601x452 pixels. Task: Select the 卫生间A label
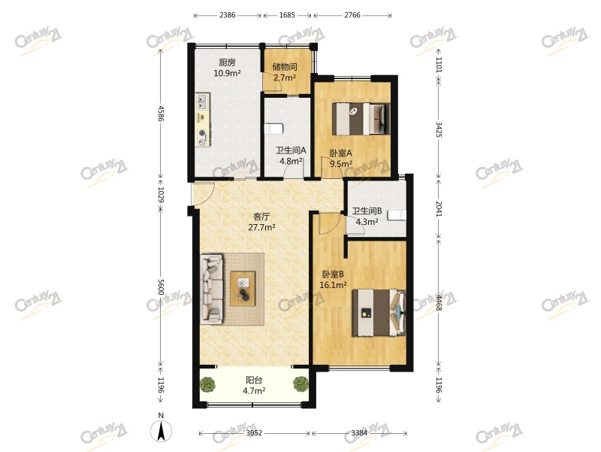tap(291, 150)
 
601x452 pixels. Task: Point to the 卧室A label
tap(341, 153)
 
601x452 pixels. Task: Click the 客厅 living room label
tap(261, 216)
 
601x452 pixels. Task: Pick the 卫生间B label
tap(367, 211)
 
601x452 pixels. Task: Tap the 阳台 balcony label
tap(254, 380)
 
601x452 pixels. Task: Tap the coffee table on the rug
tap(243, 287)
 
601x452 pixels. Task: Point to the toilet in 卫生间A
tap(273, 129)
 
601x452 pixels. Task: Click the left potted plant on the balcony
tap(208, 385)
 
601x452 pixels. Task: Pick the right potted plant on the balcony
tap(301, 384)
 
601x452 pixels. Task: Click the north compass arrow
tap(160, 431)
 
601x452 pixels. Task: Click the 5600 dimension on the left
tap(160, 287)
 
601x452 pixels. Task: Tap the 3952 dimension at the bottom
tap(255, 433)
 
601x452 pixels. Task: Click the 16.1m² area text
tap(334, 285)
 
